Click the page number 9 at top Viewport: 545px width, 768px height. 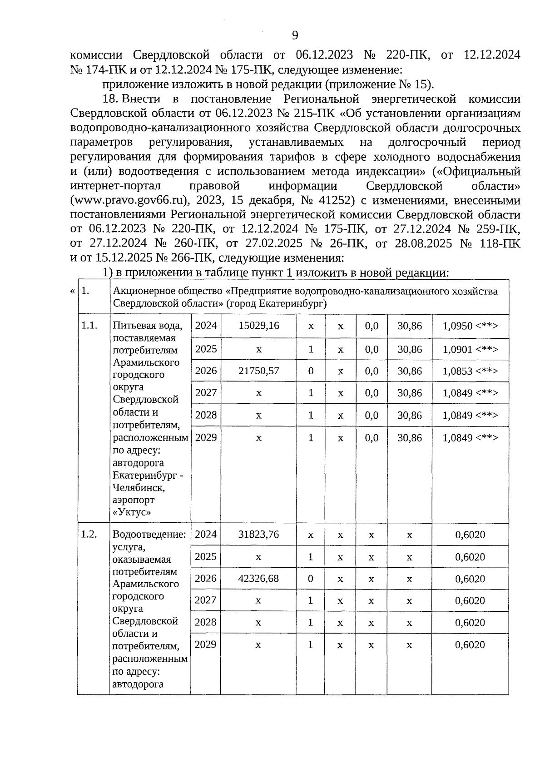pyautogui.click(x=295, y=35)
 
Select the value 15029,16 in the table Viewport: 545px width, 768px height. pyautogui.click(x=258, y=326)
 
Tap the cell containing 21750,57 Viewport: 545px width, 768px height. pyautogui.click(x=258, y=371)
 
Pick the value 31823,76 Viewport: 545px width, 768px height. pyautogui.click(x=258, y=534)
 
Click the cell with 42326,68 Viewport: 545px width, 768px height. pyautogui.click(x=258, y=579)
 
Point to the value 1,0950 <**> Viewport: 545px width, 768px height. pyautogui.click(x=470, y=326)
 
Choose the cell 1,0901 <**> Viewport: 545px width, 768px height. pyautogui.click(x=470, y=349)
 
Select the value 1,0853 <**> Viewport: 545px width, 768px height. pyautogui.click(x=470, y=371)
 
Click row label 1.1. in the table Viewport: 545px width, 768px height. pyautogui.click(x=89, y=325)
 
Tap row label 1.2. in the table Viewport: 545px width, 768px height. pyautogui.click(x=89, y=534)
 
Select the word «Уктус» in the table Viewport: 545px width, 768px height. pyautogui.click(x=132, y=512)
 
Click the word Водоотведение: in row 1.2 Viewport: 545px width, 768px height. pyautogui.click(x=149, y=534)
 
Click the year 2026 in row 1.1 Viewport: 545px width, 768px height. pyautogui.click(x=206, y=371)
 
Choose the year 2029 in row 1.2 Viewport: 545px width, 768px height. pyautogui.click(x=205, y=644)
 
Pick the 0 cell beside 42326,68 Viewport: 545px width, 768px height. pyautogui.click(x=310, y=579)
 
